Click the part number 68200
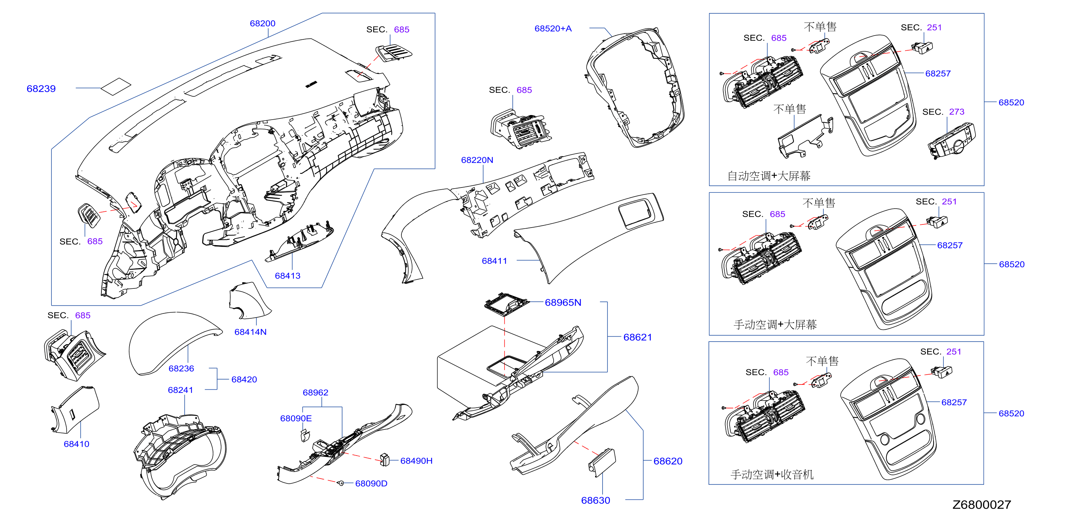(262, 24)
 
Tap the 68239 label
(41, 89)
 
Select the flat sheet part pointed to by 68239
(116, 87)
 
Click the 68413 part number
(287, 276)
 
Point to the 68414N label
(250, 332)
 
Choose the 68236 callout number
(181, 369)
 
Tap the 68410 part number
(76, 444)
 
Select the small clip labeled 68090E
(305, 435)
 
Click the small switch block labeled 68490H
(385, 459)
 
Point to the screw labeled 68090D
(341, 483)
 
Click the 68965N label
(563, 303)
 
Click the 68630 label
(595, 501)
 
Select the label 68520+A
(553, 28)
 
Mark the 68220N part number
(477, 160)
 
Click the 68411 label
(494, 261)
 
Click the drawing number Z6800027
(981, 505)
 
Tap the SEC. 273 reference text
(943, 112)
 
